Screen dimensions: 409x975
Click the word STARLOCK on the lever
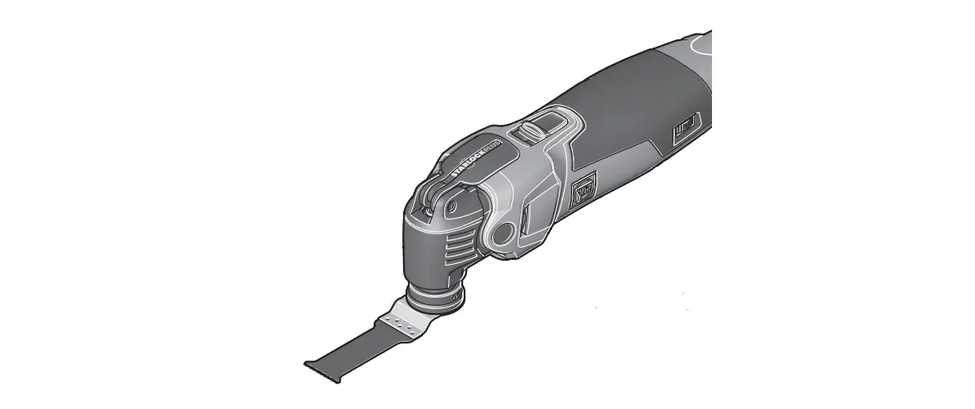pyautogui.click(x=468, y=163)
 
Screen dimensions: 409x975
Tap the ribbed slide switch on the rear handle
pyautogui.click(x=684, y=130)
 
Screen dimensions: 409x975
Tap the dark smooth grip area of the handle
pyautogui.click(x=623, y=98)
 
